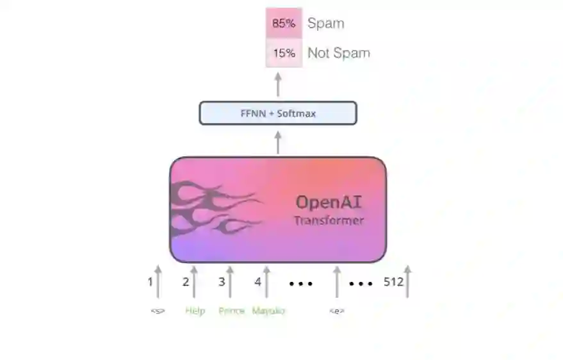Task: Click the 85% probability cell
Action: (283, 23)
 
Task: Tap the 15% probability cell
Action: (283, 53)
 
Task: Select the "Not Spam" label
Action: (338, 53)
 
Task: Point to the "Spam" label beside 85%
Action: (325, 23)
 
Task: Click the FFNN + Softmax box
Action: (277, 113)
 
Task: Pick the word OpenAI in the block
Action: (329, 202)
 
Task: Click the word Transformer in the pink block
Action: (329, 221)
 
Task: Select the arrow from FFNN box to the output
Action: (278, 84)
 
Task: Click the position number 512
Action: (393, 281)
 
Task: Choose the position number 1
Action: (151, 281)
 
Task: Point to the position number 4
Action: (257, 281)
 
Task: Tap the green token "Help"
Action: (195, 311)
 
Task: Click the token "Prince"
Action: (231, 311)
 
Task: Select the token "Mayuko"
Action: (268, 311)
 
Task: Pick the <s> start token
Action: (158, 311)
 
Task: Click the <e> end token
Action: (337, 311)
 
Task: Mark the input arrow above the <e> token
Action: (337, 282)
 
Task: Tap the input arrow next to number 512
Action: (407, 282)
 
